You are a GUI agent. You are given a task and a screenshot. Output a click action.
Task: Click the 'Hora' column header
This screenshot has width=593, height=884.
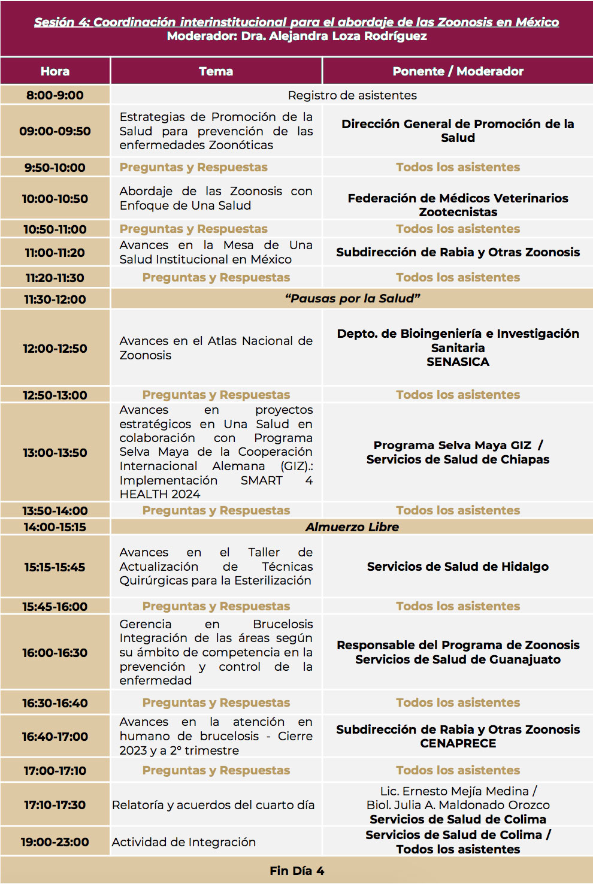point(55,71)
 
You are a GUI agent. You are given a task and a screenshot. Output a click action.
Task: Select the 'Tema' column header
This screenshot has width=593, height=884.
point(216,71)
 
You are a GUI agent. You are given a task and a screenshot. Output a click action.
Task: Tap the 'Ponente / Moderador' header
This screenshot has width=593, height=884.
point(458,71)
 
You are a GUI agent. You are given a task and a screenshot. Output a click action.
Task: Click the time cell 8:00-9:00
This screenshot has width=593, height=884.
point(55,95)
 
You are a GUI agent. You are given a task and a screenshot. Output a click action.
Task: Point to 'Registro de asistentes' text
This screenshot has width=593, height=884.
point(352,95)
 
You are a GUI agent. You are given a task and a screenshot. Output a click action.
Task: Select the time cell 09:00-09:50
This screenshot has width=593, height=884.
point(55,131)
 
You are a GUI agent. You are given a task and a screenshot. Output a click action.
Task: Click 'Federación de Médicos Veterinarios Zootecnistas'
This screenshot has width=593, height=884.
point(458,205)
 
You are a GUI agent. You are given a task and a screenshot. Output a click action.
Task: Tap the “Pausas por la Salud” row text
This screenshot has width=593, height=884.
point(352,298)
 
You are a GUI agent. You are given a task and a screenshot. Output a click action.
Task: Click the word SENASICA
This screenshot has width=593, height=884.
point(458,362)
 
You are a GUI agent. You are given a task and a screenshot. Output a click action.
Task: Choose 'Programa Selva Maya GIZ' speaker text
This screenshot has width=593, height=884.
point(452,445)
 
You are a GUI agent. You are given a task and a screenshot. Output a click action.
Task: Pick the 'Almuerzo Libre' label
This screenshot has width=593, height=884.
point(352,527)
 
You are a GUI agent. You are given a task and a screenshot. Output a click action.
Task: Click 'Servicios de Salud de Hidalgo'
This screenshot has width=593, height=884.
point(458,567)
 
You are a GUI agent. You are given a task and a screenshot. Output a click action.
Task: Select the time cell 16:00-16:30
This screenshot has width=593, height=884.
point(55,653)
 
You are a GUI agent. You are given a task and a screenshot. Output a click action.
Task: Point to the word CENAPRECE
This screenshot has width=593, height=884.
point(458,743)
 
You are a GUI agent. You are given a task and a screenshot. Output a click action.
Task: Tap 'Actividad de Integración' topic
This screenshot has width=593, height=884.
point(184,842)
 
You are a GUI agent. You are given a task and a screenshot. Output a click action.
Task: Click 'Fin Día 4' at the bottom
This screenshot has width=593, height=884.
point(296,871)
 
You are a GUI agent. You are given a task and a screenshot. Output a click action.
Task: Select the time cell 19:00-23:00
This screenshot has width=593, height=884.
point(55,842)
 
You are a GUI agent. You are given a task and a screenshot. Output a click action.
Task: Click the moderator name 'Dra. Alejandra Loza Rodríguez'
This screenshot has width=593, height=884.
point(334,36)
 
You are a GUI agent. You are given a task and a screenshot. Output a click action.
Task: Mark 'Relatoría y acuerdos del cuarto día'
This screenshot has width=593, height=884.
point(213,805)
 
